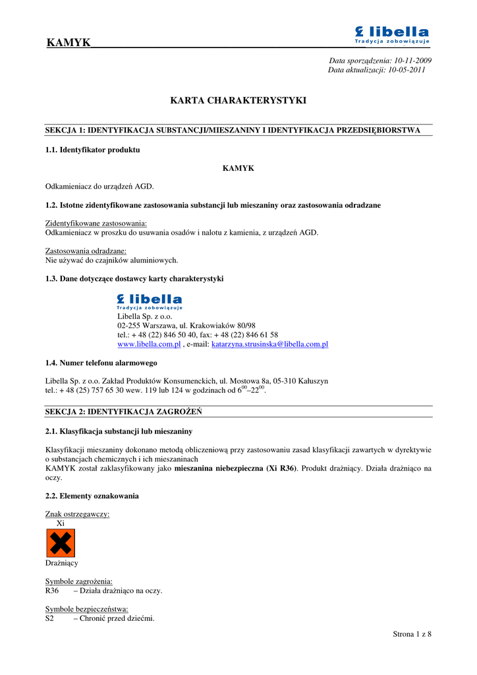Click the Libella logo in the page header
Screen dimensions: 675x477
point(392,35)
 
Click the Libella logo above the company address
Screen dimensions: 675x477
point(150,301)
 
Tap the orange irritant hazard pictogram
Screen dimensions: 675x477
point(60,543)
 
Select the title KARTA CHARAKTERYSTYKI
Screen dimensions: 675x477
point(238,101)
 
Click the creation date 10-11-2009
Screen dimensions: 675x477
point(413,60)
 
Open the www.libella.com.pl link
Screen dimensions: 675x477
point(149,344)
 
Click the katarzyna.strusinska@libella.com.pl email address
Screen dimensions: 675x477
point(269,344)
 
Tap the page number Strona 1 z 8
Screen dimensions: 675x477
point(412,634)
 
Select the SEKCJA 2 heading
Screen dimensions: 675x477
point(123,411)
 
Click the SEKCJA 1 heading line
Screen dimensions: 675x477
point(233,130)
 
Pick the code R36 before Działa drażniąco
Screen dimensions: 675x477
point(52,591)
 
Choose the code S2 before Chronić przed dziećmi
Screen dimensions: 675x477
point(49,618)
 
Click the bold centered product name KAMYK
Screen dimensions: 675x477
point(238,168)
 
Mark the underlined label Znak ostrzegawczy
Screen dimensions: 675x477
point(77,514)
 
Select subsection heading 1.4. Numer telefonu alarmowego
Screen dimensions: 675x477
point(101,363)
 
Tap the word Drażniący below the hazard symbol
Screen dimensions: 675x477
point(61,563)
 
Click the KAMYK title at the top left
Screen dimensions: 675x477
point(69,43)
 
